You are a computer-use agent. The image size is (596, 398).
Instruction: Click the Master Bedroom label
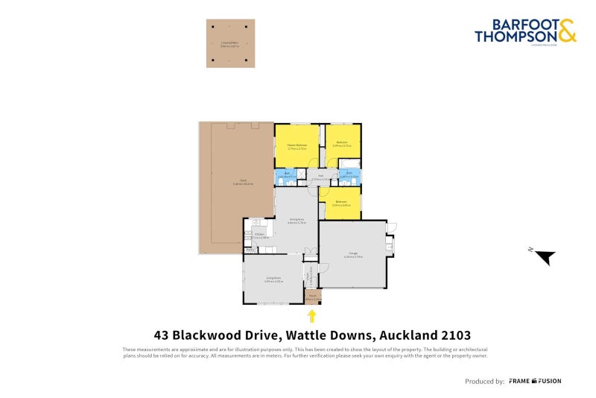297,146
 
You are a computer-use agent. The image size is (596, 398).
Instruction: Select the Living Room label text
273,280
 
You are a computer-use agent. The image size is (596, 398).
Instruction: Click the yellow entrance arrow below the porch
312,316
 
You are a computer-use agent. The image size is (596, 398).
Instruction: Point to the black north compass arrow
546,257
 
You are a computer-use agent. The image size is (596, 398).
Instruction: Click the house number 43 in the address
161,335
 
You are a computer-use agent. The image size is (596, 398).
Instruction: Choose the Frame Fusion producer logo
535,381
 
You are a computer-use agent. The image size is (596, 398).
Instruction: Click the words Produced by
484,381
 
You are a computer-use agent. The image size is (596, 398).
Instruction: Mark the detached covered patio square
230,43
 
